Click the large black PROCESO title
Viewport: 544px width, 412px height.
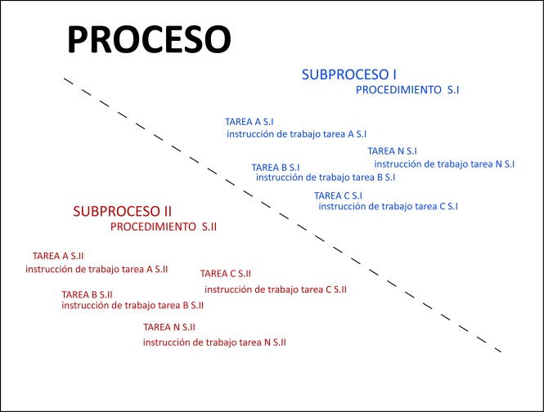148,38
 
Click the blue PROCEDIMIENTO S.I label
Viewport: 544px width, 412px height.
407,90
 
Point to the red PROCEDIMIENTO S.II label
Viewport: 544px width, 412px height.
164,226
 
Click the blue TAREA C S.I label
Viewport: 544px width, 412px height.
338,195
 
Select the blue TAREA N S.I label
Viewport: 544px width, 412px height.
393,151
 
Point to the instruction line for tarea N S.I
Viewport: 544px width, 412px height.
444,163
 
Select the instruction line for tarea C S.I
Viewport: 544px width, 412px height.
388,207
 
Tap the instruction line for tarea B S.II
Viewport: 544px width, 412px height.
133,306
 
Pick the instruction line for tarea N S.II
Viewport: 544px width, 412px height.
214,343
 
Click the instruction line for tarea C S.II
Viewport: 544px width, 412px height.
276,289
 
